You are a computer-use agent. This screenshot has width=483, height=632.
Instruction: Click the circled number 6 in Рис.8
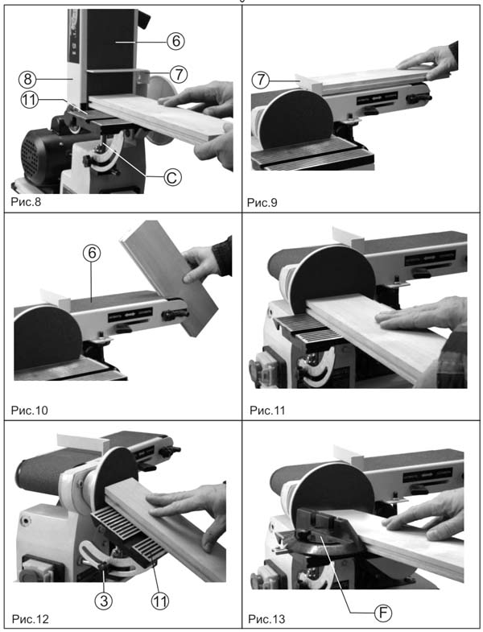click(x=175, y=41)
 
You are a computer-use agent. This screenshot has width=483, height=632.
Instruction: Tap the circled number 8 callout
click(x=27, y=79)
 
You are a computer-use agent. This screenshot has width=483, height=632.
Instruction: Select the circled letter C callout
click(x=172, y=177)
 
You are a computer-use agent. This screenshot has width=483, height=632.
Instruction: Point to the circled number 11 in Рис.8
click(x=29, y=100)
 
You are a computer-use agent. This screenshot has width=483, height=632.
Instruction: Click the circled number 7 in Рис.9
click(x=261, y=80)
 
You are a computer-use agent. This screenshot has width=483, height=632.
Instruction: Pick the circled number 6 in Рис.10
click(x=92, y=253)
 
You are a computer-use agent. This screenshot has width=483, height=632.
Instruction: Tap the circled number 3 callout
click(x=104, y=601)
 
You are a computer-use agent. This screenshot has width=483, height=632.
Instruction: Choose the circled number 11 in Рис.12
click(x=159, y=601)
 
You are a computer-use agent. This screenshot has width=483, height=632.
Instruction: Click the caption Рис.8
click(x=26, y=201)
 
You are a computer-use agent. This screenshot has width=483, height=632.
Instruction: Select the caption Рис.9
click(x=262, y=202)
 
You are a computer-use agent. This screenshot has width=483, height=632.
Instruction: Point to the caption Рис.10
click(x=29, y=411)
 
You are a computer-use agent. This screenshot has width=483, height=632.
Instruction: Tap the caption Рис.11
click(x=267, y=411)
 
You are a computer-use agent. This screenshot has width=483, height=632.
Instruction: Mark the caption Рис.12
click(x=31, y=618)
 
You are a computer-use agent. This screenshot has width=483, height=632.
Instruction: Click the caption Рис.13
click(x=266, y=618)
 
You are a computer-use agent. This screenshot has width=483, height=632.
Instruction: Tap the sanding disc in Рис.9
click(x=295, y=119)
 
